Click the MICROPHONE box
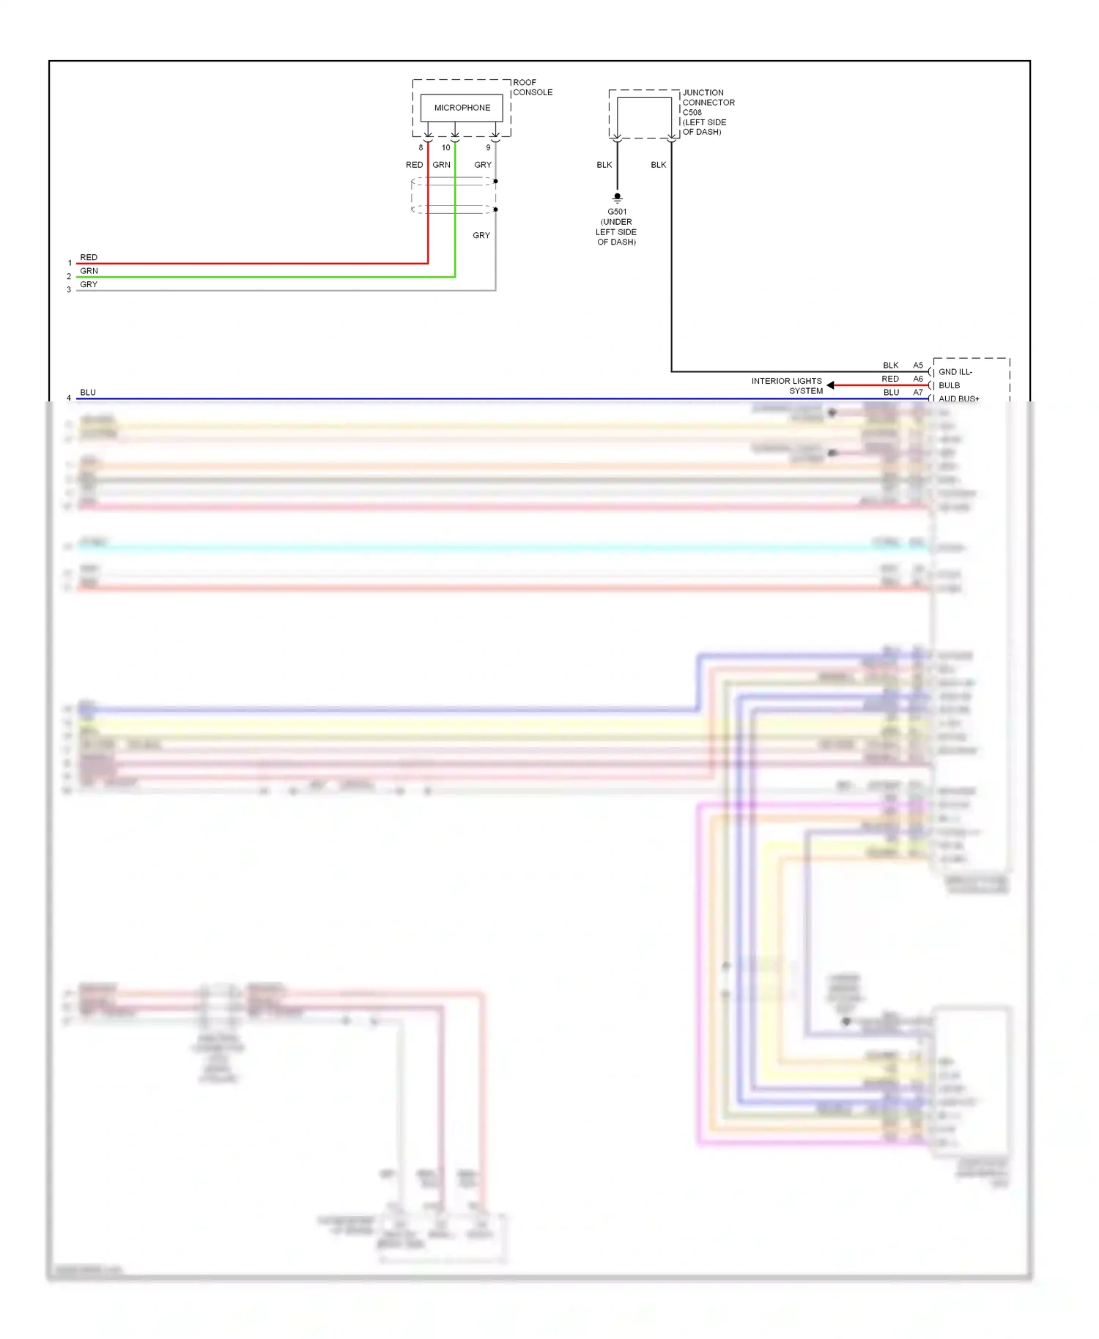coord(462,108)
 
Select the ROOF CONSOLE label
coord(533,87)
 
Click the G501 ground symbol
coord(617,198)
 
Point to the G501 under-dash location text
coord(616,227)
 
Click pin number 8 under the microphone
coord(421,148)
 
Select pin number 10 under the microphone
coord(445,148)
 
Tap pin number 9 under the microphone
coord(488,148)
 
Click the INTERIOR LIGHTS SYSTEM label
coord(787,386)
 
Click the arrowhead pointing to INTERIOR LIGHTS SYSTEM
coord(831,385)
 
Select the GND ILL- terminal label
coord(955,372)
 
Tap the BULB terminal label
coord(949,385)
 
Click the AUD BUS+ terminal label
coord(958,398)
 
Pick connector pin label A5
coord(918,366)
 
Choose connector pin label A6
coord(918,379)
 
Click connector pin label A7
coord(918,393)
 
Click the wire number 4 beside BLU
coord(69,398)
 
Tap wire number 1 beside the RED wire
coord(70,263)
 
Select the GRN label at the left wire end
coord(89,271)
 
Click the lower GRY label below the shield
coord(481,235)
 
